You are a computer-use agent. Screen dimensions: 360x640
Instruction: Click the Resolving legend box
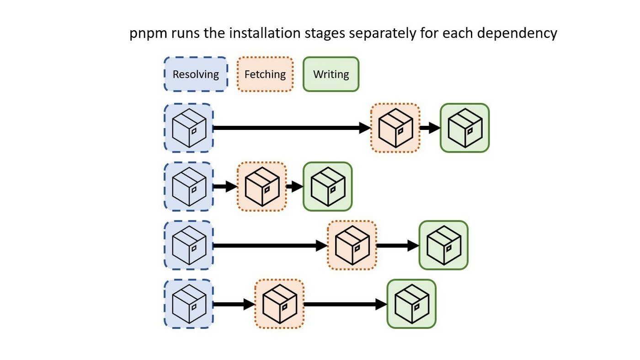click(196, 74)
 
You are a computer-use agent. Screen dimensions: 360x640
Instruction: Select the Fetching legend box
click(265, 74)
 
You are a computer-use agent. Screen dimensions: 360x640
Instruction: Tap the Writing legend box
click(331, 74)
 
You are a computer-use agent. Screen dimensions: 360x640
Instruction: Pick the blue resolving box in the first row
click(189, 128)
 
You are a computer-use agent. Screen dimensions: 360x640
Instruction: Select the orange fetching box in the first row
click(395, 128)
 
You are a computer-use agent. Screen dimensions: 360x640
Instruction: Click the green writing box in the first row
click(464, 128)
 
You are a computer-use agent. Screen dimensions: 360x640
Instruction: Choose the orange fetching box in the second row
click(261, 186)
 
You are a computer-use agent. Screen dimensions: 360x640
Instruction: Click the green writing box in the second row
click(328, 186)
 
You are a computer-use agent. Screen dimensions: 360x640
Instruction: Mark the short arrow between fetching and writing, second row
click(294, 187)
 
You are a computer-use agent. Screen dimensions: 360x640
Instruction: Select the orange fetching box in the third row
click(352, 245)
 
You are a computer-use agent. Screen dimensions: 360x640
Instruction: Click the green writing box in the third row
click(443, 245)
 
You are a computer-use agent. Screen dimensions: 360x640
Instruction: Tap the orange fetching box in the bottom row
click(279, 304)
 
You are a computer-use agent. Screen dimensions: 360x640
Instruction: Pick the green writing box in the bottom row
click(411, 304)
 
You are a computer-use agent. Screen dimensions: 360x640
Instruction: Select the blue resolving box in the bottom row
click(189, 304)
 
